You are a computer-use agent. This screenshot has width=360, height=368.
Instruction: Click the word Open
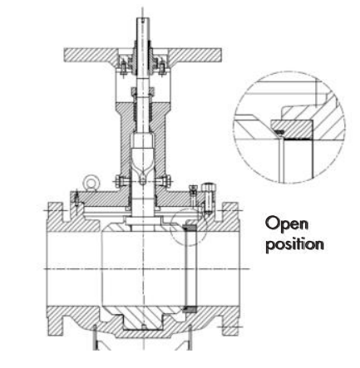pyautogui.click(x=287, y=224)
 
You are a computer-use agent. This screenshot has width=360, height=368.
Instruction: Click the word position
pyautogui.click(x=294, y=243)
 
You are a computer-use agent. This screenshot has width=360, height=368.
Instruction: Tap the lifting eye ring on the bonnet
pyautogui.click(x=91, y=183)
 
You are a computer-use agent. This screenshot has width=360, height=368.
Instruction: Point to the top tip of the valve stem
pyautogui.click(x=142, y=18)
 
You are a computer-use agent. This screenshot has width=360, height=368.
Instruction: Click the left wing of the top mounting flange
pyautogui.click(x=89, y=55)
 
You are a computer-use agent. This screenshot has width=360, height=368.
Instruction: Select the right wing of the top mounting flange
pyautogui.click(x=195, y=55)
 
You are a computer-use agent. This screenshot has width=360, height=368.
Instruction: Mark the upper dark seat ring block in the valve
pyautogui.click(x=190, y=228)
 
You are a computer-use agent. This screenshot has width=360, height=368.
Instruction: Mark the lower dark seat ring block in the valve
pyautogui.click(x=190, y=309)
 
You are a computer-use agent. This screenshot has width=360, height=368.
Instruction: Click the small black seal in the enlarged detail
pyautogui.click(x=280, y=132)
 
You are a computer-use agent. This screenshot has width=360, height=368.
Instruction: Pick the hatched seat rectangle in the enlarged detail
pyautogui.click(x=292, y=130)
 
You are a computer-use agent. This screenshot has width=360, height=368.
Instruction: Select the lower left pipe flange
pyautogui.click(x=56, y=321)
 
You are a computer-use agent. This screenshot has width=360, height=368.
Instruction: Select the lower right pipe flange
pyautogui.click(x=230, y=321)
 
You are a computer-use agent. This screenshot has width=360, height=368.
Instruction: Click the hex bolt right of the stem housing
pyautogui.click(x=164, y=182)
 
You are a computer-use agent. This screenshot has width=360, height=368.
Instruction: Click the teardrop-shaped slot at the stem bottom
pyautogui.click(x=142, y=176)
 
